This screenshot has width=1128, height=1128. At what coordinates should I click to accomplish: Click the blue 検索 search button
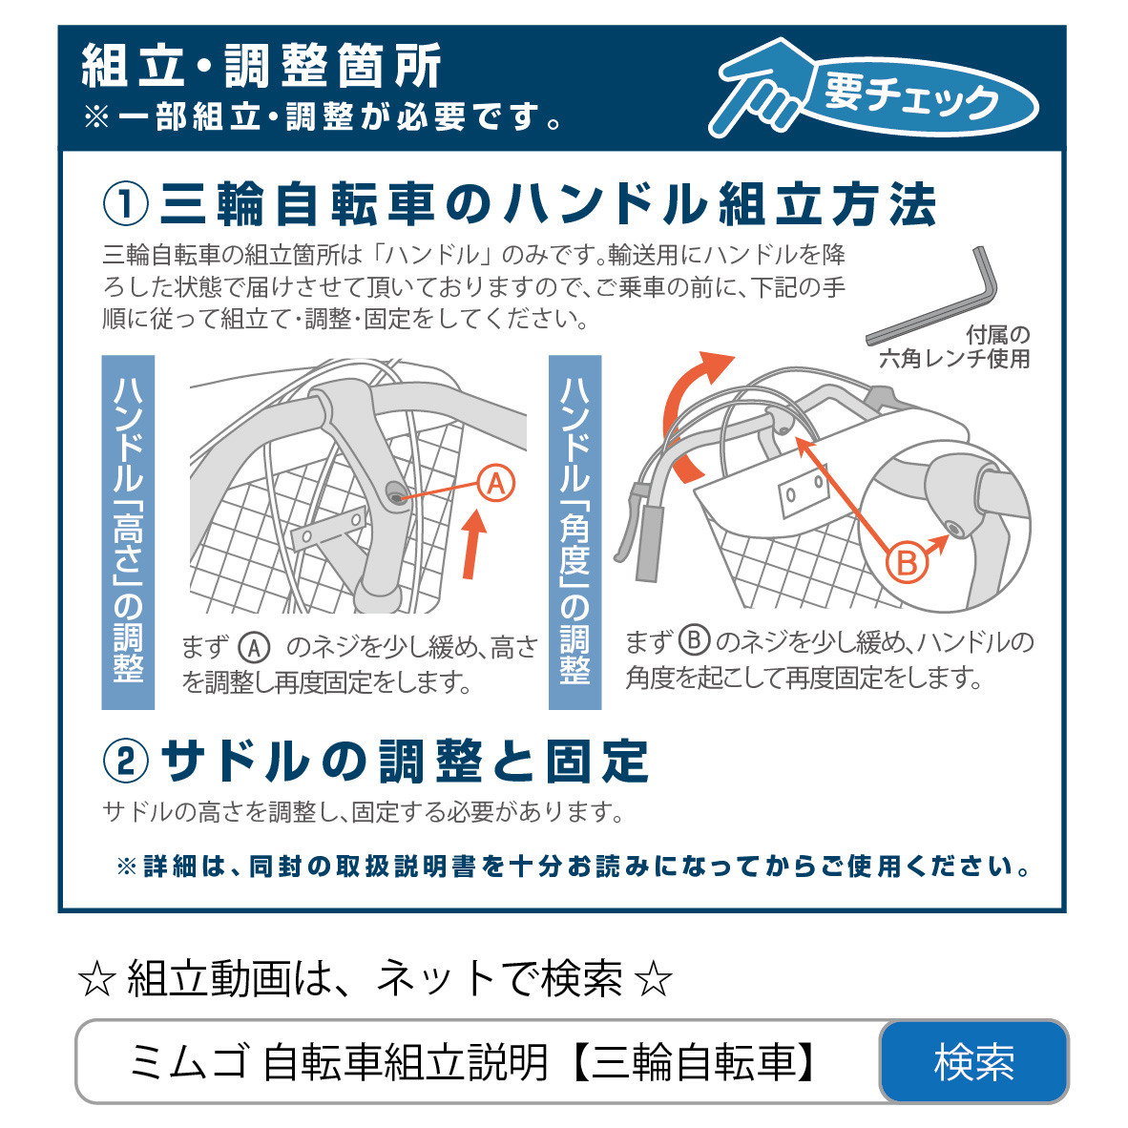point(973,1061)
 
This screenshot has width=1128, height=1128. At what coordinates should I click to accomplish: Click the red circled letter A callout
point(496,484)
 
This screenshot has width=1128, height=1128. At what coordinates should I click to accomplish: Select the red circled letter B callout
point(906,563)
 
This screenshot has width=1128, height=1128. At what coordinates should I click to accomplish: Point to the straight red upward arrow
point(472,544)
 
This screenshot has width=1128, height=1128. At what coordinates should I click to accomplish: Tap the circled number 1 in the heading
point(126,204)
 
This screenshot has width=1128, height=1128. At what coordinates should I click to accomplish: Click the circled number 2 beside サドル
point(126,762)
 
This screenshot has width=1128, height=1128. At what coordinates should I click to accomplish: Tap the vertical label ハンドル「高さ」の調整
point(128,532)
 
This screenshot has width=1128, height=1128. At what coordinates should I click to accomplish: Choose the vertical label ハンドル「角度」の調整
point(574,532)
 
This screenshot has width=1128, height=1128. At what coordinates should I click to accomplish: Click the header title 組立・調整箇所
point(261,66)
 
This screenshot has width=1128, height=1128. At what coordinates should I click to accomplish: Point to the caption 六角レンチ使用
point(954,358)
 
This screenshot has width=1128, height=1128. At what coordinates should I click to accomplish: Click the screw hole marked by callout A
point(395,494)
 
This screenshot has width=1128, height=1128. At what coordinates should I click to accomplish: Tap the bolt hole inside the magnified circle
point(955,529)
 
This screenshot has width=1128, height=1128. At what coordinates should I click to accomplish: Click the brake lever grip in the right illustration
point(649,543)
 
